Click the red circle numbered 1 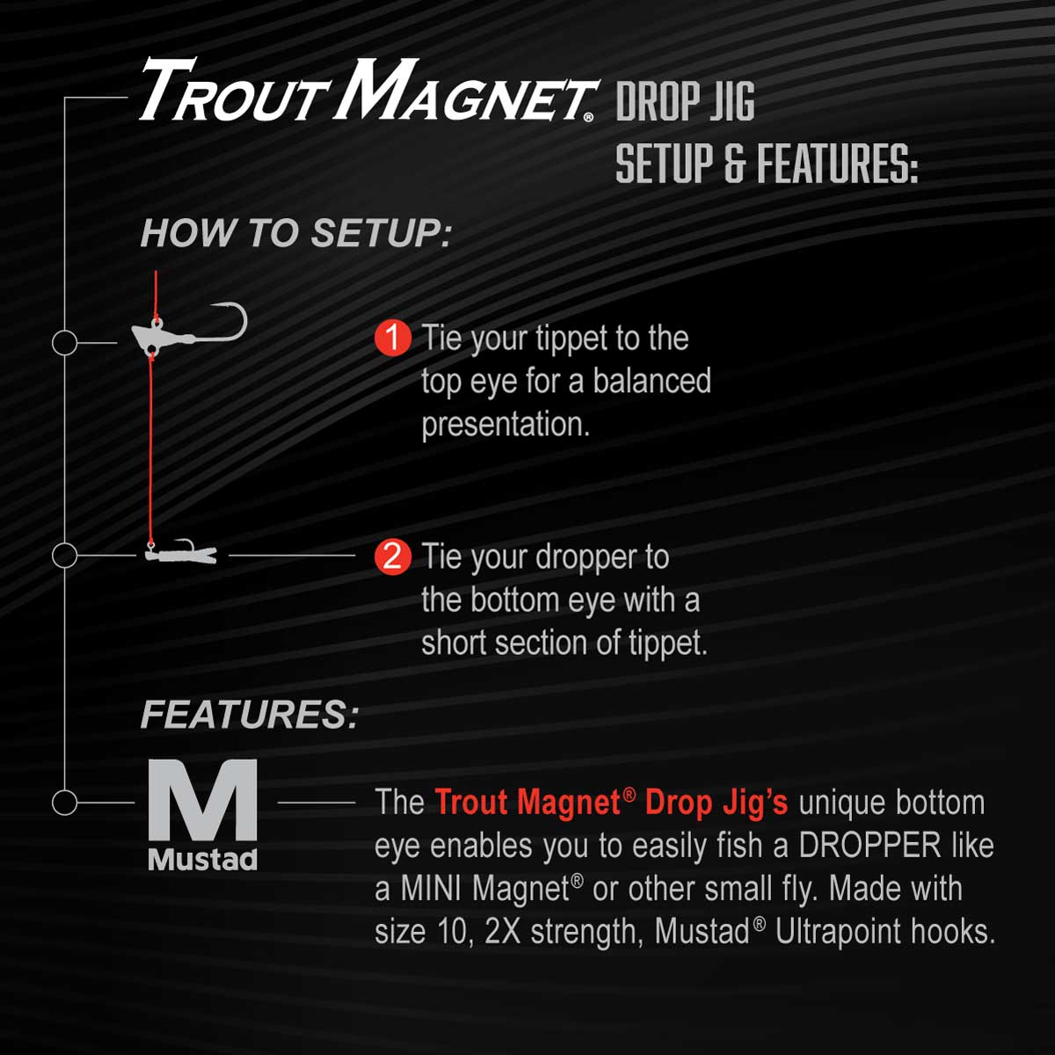pos(393,338)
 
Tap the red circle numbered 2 pos(393,557)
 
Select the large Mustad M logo pos(202,799)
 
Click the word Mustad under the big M pos(202,860)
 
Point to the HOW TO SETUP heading pos(296,234)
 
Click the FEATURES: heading pos(250,715)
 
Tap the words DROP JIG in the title pos(686,101)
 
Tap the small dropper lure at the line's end pos(181,553)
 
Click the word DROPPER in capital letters pos(869,845)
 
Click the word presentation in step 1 pos(506,425)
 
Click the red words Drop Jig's pos(717,803)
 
